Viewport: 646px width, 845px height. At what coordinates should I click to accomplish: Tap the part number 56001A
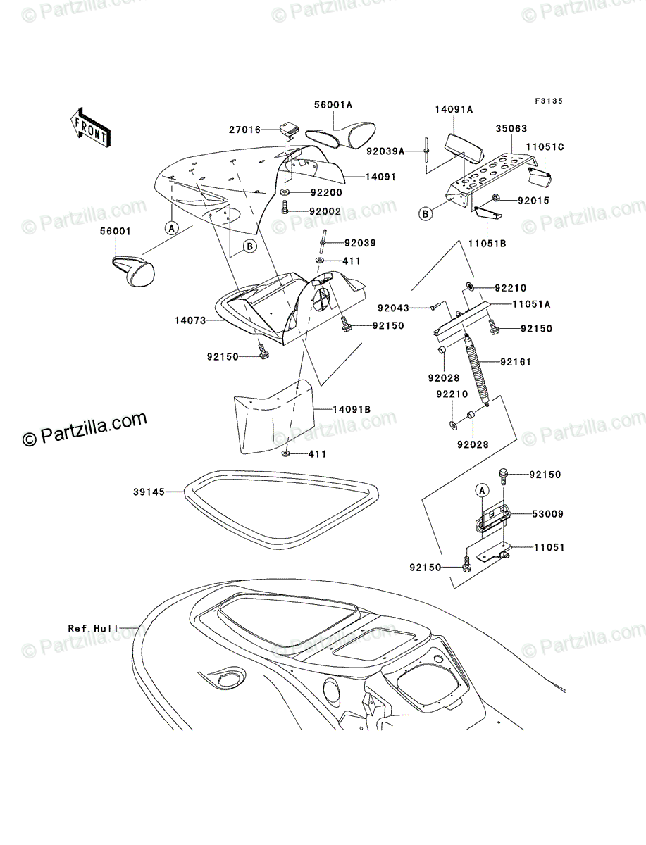tap(333, 106)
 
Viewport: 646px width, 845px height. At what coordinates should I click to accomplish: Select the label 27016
tap(244, 130)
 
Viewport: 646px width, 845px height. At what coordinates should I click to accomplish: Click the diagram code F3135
tap(548, 101)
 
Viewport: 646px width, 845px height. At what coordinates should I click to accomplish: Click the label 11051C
tap(545, 146)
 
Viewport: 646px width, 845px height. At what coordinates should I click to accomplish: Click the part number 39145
tap(149, 492)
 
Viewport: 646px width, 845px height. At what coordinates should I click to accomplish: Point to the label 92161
tap(516, 362)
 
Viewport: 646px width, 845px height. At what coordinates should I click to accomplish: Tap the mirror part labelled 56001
tap(134, 272)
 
